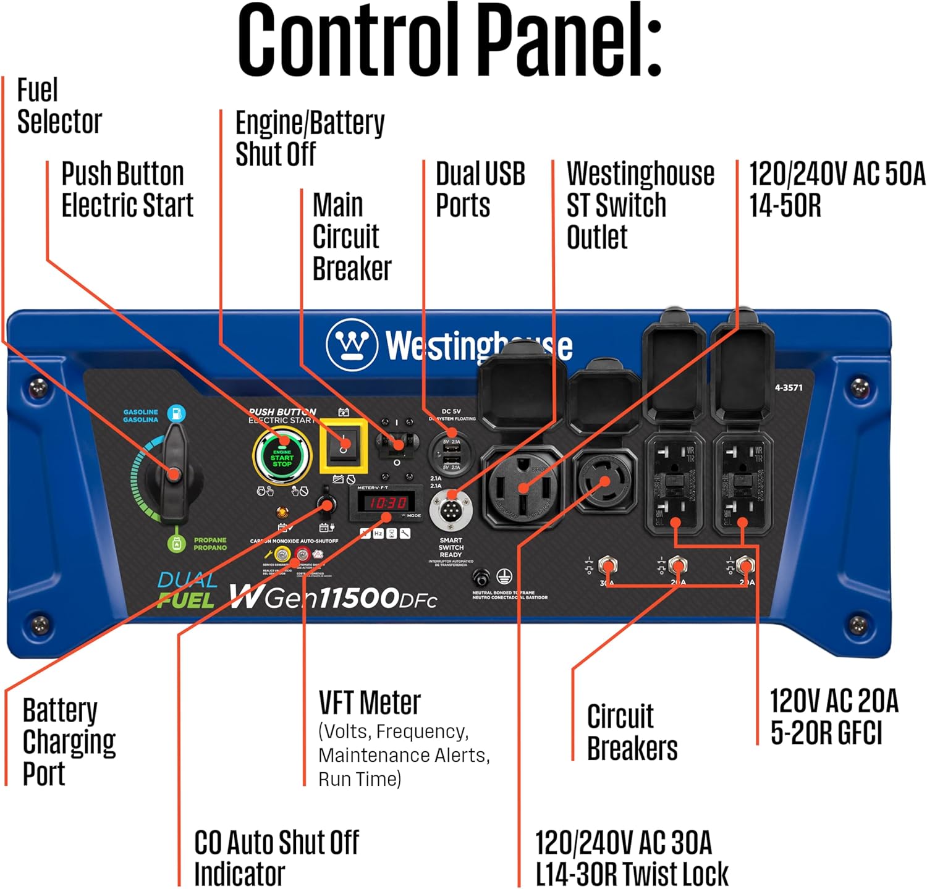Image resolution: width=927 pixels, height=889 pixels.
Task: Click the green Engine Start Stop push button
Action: coord(282,457)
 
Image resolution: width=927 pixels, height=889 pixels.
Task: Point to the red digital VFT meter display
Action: coord(387,503)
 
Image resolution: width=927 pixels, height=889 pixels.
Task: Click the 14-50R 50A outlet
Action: coord(522,485)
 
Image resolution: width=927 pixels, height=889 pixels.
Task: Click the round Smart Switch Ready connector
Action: coord(451,510)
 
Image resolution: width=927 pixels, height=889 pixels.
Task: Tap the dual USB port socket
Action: coord(451,454)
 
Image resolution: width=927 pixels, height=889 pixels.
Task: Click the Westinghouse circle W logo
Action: coord(352,343)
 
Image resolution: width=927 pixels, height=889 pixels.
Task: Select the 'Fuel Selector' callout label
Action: coord(59,106)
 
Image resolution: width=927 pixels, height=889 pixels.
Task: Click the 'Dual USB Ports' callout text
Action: coord(480,190)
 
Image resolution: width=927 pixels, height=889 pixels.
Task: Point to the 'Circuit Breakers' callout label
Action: coord(632,732)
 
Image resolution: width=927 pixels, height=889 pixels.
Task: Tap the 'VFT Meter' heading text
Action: coord(370,703)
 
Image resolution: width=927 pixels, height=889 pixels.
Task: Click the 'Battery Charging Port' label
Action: coord(68,741)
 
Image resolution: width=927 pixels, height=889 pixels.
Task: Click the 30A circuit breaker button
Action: coord(608,565)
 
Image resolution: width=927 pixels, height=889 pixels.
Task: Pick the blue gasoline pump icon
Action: coord(177,413)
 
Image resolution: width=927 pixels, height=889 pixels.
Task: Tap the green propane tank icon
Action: coord(177,544)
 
